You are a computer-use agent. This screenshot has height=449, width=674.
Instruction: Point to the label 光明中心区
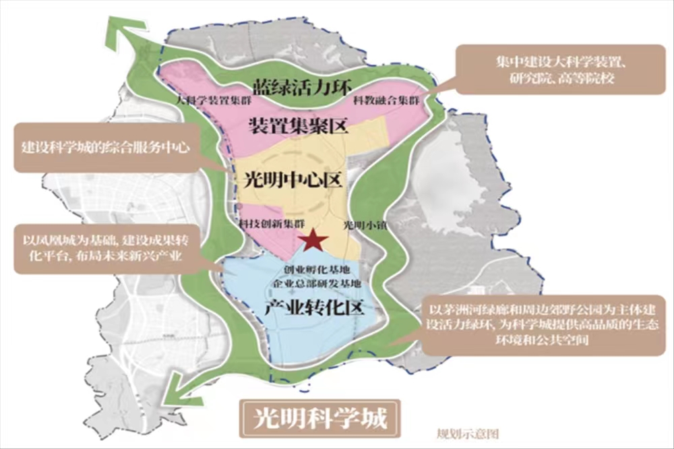[285, 181]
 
